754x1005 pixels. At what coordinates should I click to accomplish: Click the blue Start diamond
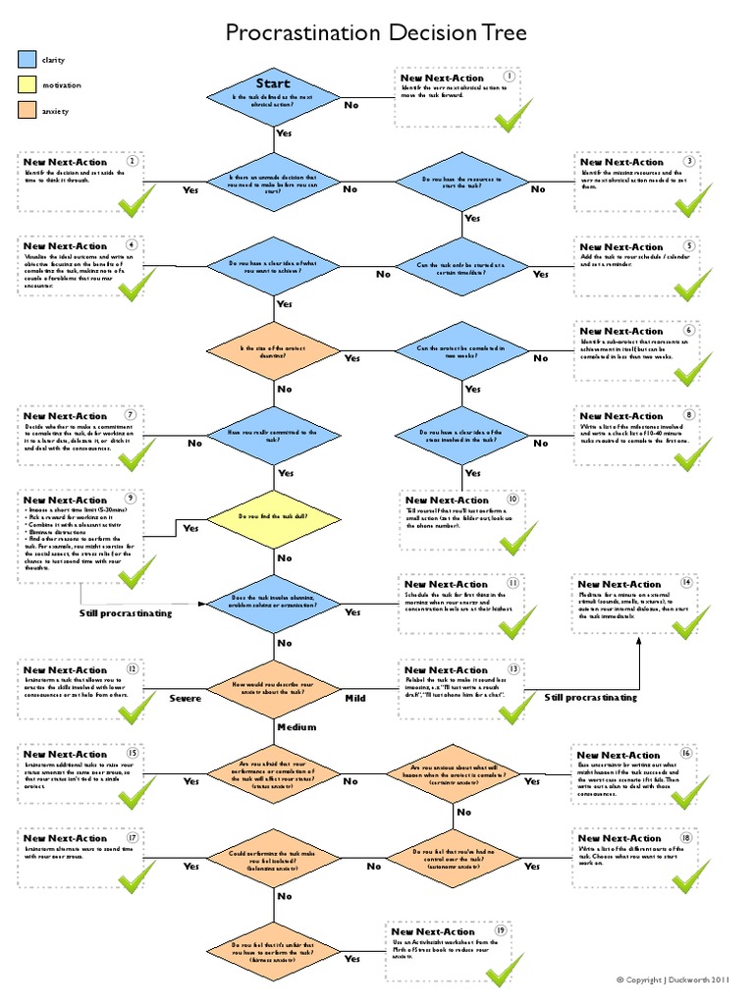tap(274, 97)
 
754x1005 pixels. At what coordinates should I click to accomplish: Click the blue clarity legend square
tap(27, 61)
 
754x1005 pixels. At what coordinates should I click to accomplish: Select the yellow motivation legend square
tap(27, 85)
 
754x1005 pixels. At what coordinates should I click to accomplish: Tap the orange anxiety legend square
tap(27, 111)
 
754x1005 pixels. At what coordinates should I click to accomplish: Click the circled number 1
tap(510, 77)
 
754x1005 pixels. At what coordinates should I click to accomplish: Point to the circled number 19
tap(501, 929)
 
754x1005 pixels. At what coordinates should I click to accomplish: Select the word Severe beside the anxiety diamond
tap(185, 698)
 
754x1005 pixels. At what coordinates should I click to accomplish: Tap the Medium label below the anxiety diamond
tap(296, 727)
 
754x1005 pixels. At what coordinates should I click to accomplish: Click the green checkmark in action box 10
tap(517, 538)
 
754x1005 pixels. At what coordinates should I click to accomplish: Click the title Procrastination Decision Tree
tap(377, 33)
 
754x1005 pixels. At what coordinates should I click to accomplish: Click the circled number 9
tap(130, 499)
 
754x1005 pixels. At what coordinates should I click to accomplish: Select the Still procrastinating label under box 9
tap(126, 613)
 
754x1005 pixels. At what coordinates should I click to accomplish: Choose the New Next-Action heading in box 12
tap(65, 669)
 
